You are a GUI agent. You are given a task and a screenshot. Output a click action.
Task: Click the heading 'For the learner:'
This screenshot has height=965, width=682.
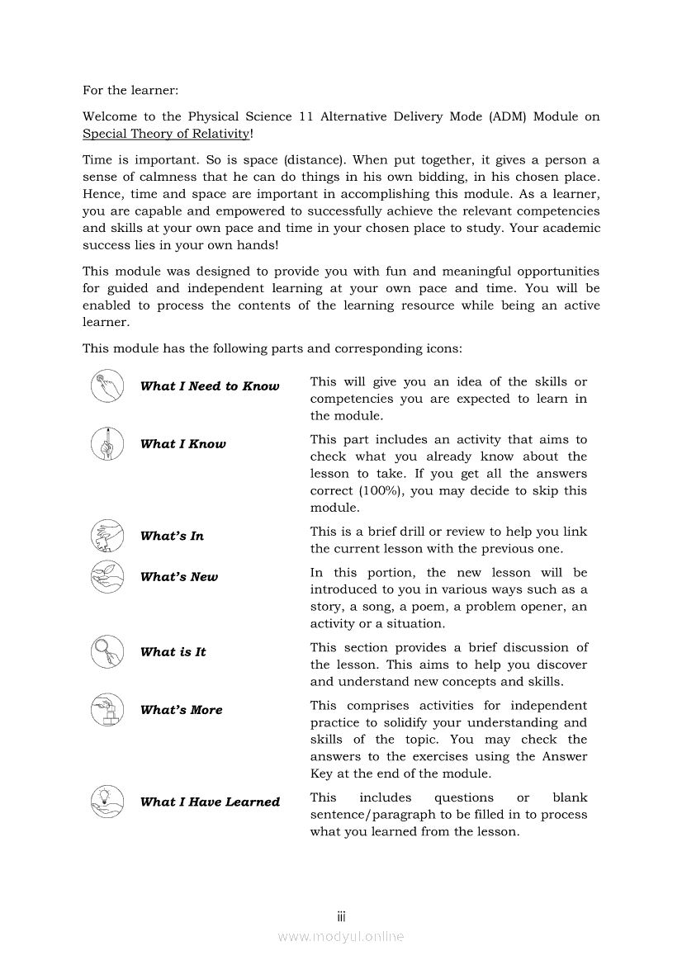130,90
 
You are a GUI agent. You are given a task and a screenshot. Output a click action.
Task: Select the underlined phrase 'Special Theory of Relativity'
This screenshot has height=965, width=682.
165,134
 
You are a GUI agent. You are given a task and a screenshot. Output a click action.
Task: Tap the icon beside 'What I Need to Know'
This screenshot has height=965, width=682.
107,386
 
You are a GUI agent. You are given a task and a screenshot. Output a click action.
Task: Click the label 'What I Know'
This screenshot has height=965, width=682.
182,444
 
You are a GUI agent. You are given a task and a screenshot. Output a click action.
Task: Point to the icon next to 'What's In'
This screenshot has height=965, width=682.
107,536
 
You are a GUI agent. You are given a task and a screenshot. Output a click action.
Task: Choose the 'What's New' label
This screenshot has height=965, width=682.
179,577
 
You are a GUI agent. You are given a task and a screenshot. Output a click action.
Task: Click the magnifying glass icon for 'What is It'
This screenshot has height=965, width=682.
107,652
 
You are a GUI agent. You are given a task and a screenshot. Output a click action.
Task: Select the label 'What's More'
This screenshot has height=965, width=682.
181,710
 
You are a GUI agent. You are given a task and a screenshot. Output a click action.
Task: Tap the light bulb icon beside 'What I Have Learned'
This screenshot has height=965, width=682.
107,802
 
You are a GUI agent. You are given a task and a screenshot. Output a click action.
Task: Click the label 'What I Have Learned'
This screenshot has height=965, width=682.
210,802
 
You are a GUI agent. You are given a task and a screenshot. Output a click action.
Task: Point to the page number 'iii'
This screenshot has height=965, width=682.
341,916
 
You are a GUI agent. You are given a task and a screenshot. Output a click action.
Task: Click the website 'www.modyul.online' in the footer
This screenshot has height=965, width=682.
341,936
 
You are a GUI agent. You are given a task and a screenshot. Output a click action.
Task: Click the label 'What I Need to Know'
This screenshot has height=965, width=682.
210,386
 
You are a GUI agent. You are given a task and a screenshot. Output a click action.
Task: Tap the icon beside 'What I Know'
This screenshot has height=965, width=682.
107,444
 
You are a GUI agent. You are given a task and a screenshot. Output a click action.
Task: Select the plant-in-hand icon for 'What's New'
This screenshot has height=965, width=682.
107,577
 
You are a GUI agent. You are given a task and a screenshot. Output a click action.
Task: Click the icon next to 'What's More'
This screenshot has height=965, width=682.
107,710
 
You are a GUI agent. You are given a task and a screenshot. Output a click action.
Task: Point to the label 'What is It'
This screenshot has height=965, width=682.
173,652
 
